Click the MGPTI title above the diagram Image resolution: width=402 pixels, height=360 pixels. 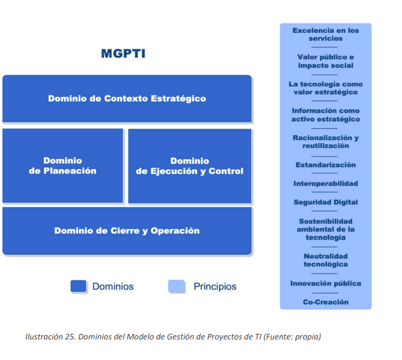[123, 54]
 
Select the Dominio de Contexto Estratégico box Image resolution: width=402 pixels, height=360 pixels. [127, 99]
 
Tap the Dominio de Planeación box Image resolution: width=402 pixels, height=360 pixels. [63, 166]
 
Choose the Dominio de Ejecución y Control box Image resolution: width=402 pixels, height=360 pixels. [190, 166]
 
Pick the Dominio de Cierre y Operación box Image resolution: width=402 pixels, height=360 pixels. [127, 231]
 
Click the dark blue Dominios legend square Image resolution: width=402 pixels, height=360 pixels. [79, 287]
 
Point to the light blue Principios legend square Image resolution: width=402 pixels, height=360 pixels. [177, 287]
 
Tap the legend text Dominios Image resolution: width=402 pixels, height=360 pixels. [113, 287]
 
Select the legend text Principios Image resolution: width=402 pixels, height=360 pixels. [215, 287]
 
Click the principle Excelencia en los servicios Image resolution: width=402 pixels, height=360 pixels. [326, 34]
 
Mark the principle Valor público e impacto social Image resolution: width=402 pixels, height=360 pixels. [326, 61]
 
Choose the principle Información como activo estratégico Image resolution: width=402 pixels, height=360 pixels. [326, 115]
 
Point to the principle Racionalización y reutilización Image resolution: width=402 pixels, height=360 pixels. [326, 142]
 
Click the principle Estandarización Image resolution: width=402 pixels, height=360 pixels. [326, 165]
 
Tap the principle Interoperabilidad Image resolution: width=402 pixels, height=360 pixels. [326, 184]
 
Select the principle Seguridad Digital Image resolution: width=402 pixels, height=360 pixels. [326, 202]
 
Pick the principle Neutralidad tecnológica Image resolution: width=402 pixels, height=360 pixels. [326, 260]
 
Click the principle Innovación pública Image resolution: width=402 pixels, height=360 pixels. [326, 283]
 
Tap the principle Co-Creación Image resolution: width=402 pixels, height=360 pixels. [326, 302]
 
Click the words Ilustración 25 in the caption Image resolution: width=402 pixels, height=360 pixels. [51, 337]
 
